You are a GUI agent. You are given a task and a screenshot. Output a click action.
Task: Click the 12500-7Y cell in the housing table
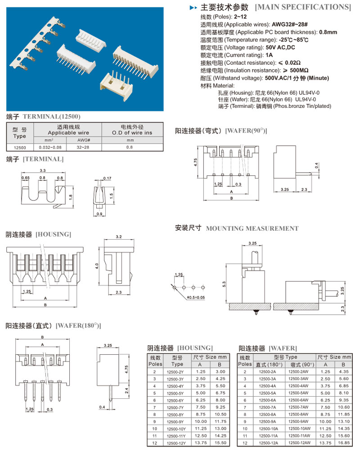(x=175, y=407)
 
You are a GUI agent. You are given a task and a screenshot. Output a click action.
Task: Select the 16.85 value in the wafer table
(x=344, y=443)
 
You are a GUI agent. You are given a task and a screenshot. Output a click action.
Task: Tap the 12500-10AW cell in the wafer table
(x=299, y=429)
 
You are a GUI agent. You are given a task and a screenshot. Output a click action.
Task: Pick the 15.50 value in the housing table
(x=220, y=443)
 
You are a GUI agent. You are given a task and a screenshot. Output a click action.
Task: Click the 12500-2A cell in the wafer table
(x=267, y=371)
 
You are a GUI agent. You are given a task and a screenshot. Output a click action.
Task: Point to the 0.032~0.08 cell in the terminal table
(x=50, y=147)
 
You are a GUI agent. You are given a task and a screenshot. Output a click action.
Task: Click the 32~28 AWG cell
(x=83, y=147)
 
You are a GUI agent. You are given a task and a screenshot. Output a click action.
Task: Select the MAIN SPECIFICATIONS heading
(x=303, y=7)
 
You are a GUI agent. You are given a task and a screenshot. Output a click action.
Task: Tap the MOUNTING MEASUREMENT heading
(x=252, y=229)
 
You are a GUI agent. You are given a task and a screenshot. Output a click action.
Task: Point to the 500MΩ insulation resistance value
(x=299, y=71)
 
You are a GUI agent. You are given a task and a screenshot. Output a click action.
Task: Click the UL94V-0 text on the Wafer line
(x=306, y=99)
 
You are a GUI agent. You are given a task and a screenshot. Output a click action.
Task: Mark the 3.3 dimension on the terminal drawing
(x=43, y=170)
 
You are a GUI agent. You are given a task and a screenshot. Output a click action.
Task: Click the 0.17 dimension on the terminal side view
(x=108, y=179)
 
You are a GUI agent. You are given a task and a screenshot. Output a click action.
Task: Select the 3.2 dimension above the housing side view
(x=119, y=237)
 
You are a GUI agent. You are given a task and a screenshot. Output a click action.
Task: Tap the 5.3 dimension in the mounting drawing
(x=224, y=284)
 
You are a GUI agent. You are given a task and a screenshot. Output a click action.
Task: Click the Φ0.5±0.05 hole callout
(x=196, y=297)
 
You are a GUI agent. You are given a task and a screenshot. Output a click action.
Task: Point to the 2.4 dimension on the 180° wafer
(x=126, y=391)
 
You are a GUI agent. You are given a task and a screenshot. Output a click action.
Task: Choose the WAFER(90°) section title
(x=246, y=131)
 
